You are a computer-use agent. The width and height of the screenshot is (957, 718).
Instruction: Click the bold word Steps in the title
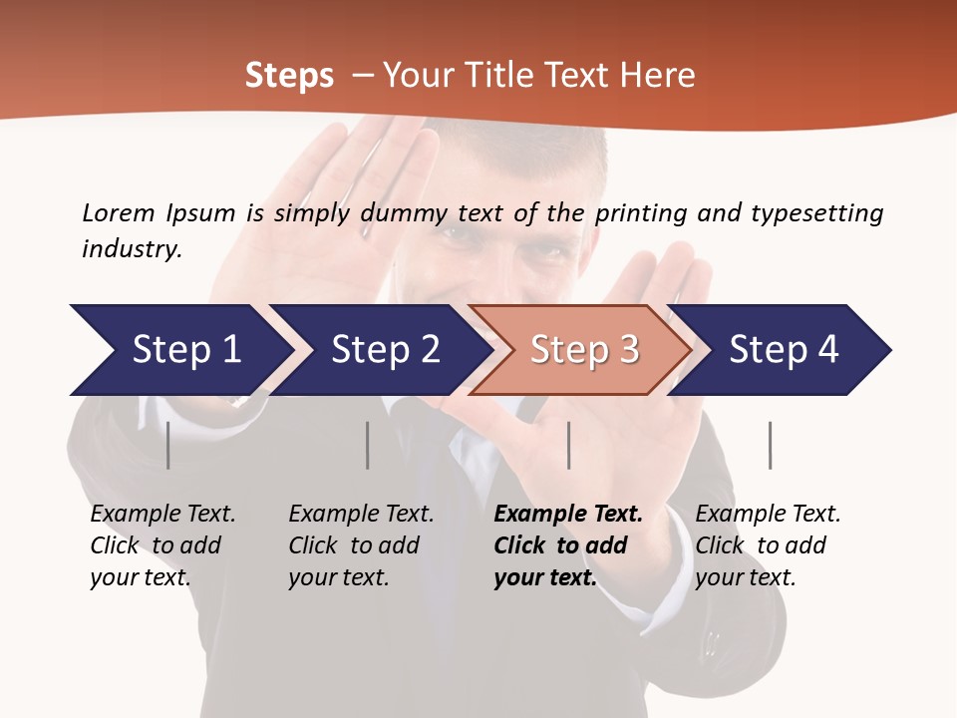(289, 75)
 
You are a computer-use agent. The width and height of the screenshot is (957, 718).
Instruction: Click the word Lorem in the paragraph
(119, 212)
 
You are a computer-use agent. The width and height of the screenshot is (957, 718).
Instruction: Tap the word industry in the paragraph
(132, 248)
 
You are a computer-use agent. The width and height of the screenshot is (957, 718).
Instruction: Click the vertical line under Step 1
(167, 445)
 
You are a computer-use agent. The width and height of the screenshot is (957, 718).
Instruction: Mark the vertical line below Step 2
(367, 445)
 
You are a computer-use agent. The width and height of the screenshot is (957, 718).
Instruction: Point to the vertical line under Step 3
(568, 445)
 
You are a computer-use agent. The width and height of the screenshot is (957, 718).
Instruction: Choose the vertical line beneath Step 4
(770, 445)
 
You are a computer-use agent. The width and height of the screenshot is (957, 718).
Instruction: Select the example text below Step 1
(162, 544)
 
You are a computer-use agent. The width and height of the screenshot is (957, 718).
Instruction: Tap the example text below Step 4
(768, 544)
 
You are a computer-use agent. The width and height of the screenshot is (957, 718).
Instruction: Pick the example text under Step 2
(361, 544)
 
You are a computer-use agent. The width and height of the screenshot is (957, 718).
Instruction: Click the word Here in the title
(657, 75)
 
